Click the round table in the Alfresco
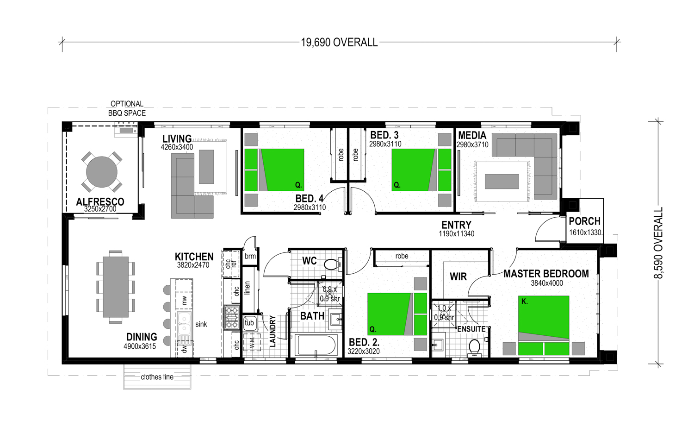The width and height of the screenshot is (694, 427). (x=102, y=172)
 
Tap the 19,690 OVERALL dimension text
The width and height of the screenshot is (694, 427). (x=339, y=43)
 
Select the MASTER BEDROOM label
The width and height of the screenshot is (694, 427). (x=546, y=274)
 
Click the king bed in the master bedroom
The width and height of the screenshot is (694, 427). (x=544, y=325)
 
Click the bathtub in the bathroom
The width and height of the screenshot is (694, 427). (x=316, y=345)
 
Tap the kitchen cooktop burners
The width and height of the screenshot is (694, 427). (x=231, y=317)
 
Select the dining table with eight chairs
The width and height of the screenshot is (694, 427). (x=116, y=287)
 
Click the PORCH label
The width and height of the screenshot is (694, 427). (x=585, y=221)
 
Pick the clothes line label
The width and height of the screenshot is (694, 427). (x=157, y=377)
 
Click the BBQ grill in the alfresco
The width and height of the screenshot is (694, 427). (x=126, y=130)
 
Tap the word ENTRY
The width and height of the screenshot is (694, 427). (x=456, y=225)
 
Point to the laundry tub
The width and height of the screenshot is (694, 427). (x=249, y=322)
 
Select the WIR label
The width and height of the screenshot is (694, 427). (x=458, y=276)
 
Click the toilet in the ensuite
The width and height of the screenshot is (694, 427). (x=474, y=347)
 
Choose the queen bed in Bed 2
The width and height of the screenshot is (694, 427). (x=397, y=314)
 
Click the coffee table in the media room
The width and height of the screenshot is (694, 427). (x=502, y=182)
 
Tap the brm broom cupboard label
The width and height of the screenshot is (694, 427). (x=250, y=256)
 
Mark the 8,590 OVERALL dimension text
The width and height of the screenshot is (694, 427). (x=658, y=243)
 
